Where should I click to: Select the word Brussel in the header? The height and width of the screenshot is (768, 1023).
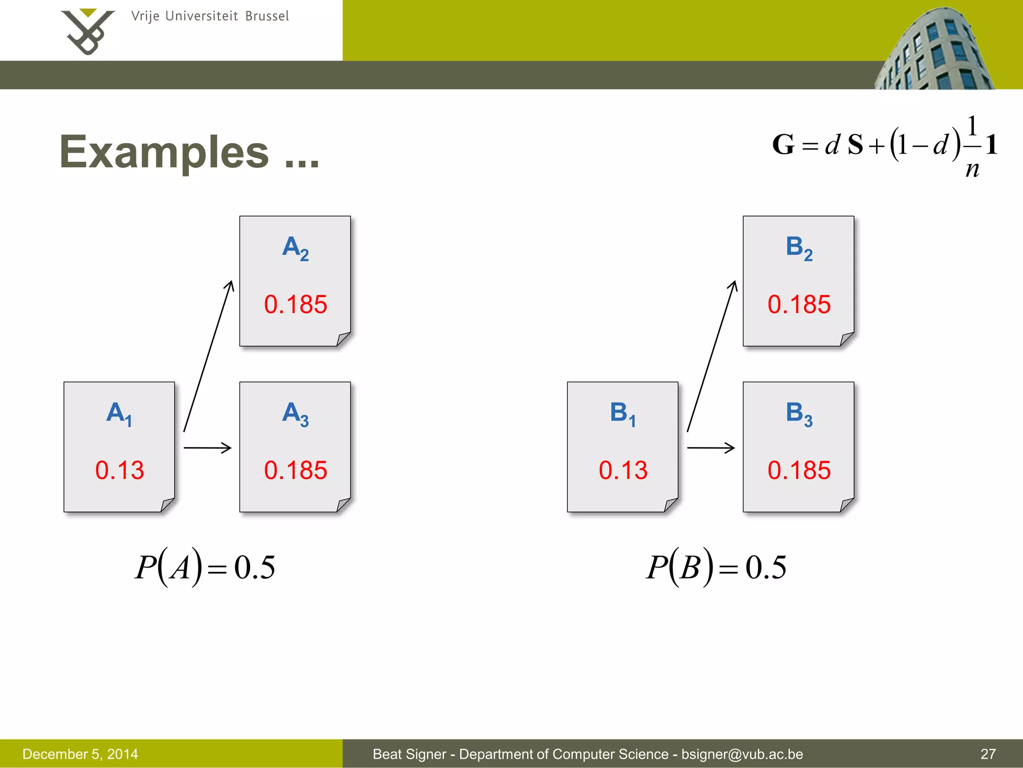267,16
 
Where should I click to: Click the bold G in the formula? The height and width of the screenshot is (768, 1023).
783,145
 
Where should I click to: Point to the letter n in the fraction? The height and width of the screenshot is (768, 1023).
972,169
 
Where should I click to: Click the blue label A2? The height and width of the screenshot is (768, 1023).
295,248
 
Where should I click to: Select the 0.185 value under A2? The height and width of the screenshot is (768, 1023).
295,304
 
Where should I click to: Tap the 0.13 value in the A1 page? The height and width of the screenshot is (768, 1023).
119,470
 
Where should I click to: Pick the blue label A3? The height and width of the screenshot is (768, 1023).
295,414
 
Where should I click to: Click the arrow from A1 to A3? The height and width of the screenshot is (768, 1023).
207,447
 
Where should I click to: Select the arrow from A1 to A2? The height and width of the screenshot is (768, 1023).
208,356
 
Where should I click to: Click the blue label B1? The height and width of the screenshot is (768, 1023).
622,414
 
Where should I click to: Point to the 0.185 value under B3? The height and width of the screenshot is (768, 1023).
799,470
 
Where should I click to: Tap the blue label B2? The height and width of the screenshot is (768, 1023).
799,248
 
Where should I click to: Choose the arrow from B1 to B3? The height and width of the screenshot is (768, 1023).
711,447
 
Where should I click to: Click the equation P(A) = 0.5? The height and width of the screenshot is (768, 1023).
205,567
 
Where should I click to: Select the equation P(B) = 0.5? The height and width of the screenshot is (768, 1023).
716,567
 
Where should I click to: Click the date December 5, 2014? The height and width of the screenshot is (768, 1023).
80,754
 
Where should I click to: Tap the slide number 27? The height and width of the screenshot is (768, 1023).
988,754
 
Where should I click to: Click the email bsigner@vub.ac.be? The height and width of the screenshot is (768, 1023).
742,754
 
